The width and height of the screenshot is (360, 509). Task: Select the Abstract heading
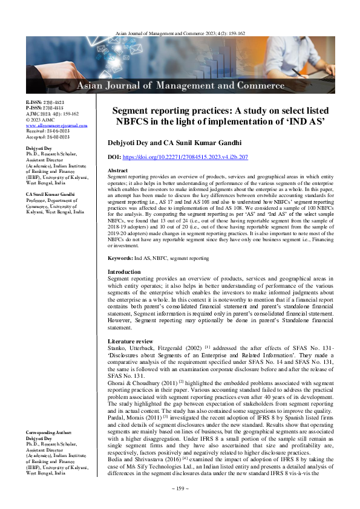(x=119, y=171)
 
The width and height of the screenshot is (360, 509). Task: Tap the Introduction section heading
(x=124, y=272)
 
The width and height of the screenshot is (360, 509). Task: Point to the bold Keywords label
(x=120, y=258)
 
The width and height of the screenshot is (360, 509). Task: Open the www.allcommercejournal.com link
(x=57, y=126)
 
